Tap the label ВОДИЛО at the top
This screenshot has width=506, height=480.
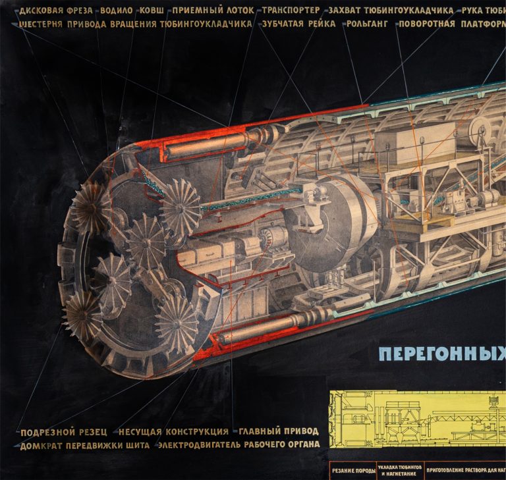pos(116,11)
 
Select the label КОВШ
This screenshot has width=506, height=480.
pos(153,11)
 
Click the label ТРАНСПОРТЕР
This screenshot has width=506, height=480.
pos(291,11)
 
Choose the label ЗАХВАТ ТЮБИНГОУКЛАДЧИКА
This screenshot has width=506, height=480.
pos(391,11)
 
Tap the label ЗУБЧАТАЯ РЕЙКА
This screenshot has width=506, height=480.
pos(298,24)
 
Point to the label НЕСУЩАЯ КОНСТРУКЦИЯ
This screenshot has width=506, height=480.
pos(173,433)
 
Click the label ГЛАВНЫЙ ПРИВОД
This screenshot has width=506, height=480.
pos(278,432)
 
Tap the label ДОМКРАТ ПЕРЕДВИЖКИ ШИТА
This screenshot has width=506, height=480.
pos(80,445)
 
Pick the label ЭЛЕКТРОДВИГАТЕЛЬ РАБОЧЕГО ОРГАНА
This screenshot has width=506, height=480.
pos(238,445)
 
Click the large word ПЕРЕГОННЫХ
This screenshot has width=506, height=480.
pos(442,355)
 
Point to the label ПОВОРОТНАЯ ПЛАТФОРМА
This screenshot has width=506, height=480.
pos(451,24)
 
